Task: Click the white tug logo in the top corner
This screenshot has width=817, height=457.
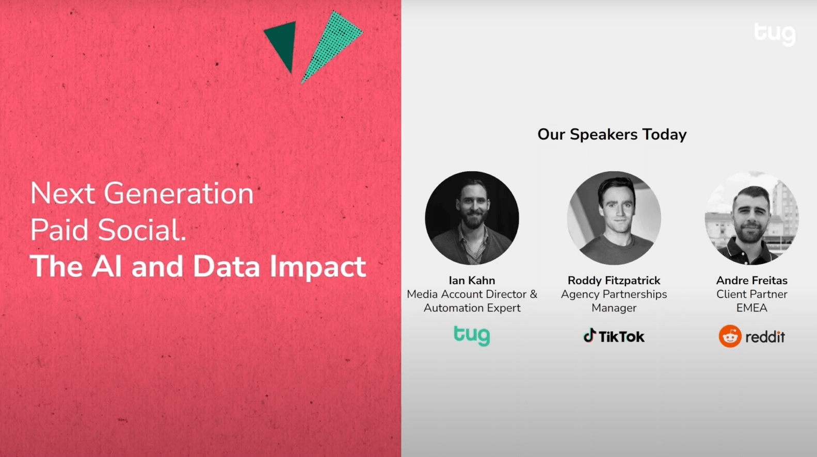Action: coord(775,35)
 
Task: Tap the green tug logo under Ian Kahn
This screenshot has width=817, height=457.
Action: coord(472,336)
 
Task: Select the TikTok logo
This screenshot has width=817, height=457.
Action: coord(614,336)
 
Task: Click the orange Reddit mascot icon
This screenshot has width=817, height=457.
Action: coord(730,336)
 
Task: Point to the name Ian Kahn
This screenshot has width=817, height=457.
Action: coord(472,280)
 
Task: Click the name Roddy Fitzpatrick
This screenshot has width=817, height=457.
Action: coord(614,280)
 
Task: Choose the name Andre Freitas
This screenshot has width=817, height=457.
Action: coord(752,280)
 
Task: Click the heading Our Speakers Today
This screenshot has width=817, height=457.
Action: coord(612,134)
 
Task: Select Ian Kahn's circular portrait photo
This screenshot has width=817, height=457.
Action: coord(472,218)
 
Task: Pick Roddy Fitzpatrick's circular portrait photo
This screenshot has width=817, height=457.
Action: coord(614,218)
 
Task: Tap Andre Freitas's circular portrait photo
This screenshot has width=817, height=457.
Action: coord(752,218)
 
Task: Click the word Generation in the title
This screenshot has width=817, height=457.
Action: coord(179,193)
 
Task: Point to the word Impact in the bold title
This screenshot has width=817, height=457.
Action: coord(318,266)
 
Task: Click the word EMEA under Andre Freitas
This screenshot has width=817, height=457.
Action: coord(752,308)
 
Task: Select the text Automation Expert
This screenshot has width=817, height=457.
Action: coord(472,308)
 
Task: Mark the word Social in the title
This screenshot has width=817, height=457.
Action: coord(142,230)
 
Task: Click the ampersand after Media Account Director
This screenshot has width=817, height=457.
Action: coord(533,294)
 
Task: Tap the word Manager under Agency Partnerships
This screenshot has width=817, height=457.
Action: coord(614,308)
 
